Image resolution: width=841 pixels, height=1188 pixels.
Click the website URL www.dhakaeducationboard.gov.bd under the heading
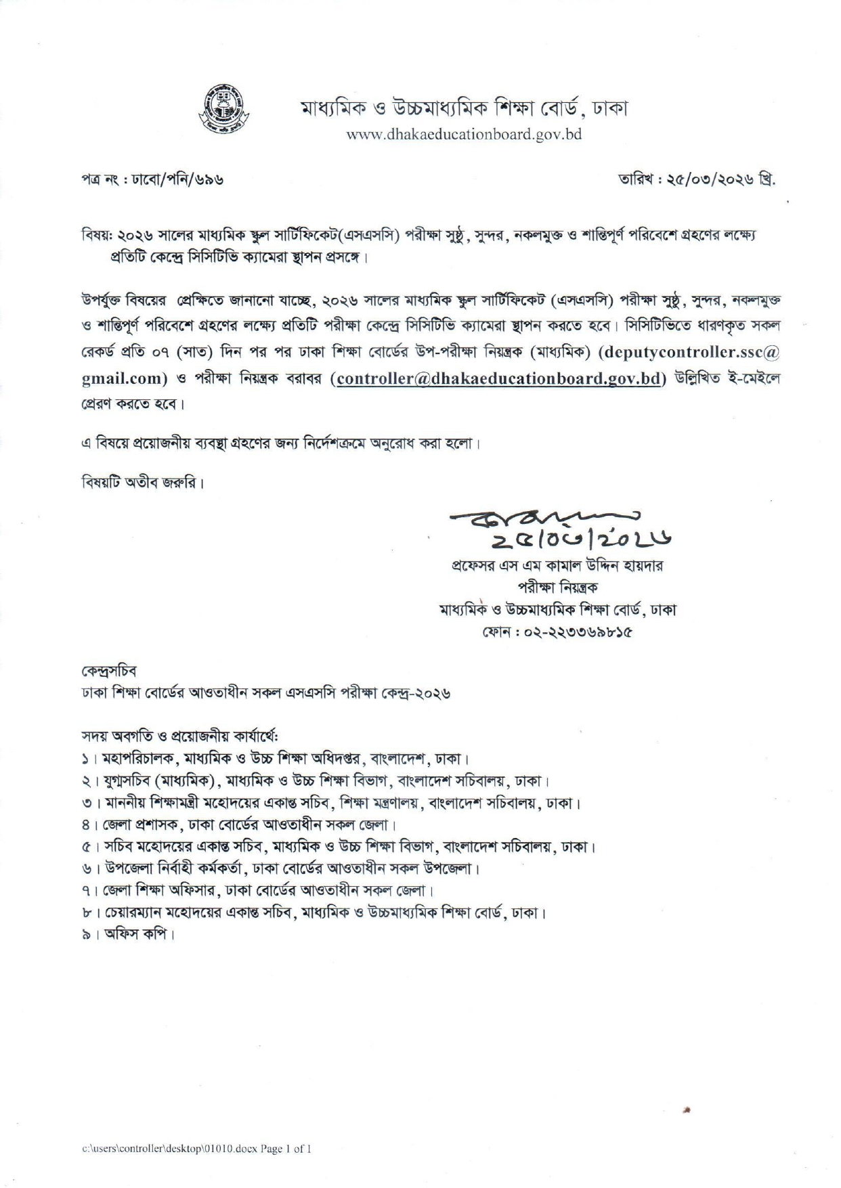[x=464, y=134]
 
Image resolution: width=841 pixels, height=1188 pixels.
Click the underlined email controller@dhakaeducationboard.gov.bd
[x=498, y=378]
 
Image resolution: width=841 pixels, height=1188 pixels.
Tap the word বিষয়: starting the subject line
[x=93, y=236]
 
